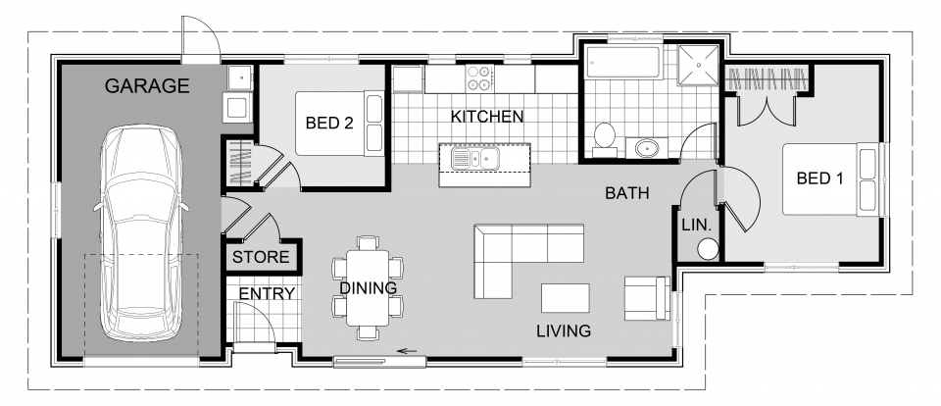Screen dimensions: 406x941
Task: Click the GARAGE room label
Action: [147, 86]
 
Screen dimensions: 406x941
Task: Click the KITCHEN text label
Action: [486, 117]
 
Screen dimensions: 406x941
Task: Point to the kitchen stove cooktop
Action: [479, 77]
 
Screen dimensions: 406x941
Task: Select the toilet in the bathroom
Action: [605, 138]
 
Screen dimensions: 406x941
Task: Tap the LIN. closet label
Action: [696, 225]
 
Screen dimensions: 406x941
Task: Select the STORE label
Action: [261, 258]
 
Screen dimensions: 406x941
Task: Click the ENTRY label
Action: [260, 293]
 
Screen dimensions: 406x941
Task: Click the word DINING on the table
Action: [368, 288]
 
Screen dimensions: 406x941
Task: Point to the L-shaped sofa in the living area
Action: [515, 251]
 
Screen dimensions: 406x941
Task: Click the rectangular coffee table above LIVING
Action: [566, 297]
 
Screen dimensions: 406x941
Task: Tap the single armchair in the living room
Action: [647, 296]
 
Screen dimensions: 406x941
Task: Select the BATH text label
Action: [627, 194]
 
